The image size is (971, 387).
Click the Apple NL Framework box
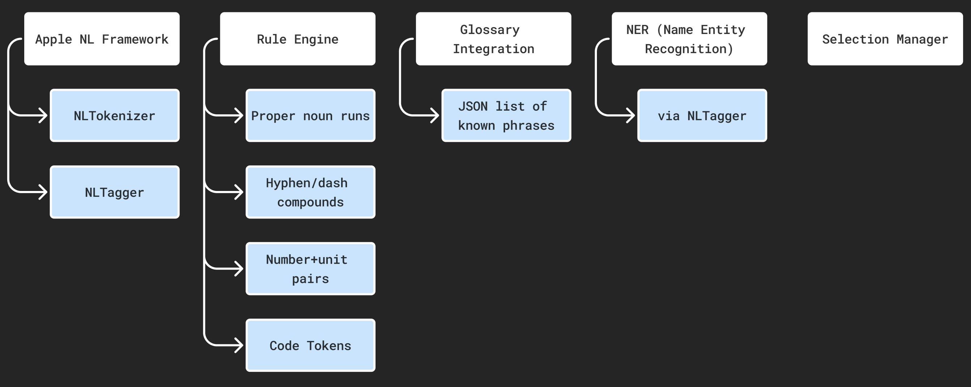click(x=102, y=39)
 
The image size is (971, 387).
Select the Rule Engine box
click(x=298, y=39)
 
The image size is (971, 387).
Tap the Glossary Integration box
click(x=493, y=39)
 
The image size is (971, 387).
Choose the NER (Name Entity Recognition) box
click(x=690, y=39)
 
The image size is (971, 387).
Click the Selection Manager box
click(x=885, y=39)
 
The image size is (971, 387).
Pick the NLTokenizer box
click(x=115, y=115)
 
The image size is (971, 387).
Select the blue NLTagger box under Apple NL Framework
click(x=115, y=192)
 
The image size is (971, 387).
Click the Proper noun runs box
click(x=311, y=115)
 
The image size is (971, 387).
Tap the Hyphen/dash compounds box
click(x=311, y=192)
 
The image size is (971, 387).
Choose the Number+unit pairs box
click(x=311, y=269)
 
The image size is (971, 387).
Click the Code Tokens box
click(x=311, y=345)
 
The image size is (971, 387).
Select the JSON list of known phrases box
click(x=506, y=115)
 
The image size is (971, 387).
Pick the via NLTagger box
click(x=702, y=115)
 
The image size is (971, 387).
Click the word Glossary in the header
click(x=489, y=30)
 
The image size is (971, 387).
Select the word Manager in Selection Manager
click(x=922, y=39)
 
